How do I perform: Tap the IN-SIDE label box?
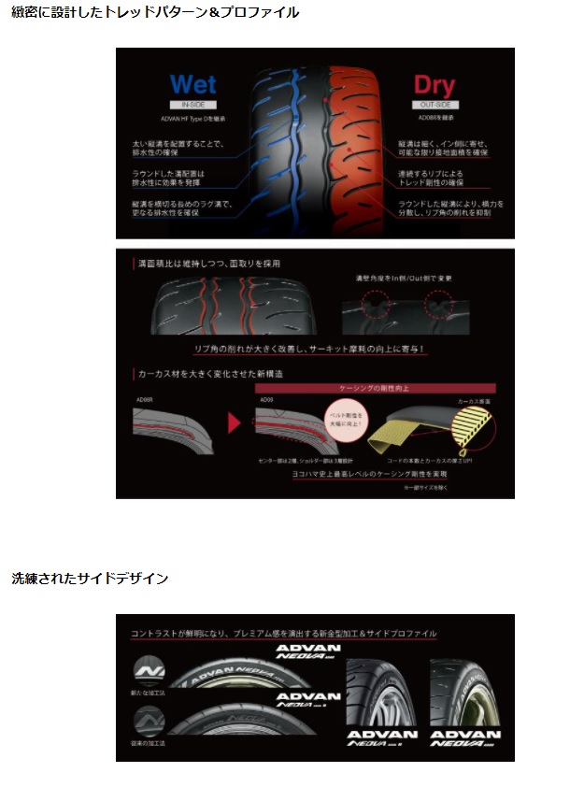point(192,106)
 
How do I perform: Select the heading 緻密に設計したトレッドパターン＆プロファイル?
point(156,13)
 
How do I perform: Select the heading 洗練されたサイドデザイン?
point(90,579)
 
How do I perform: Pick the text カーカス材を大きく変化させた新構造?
point(199,373)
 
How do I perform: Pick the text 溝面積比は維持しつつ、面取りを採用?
point(207,264)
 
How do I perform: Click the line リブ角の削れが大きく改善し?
point(309,350)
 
